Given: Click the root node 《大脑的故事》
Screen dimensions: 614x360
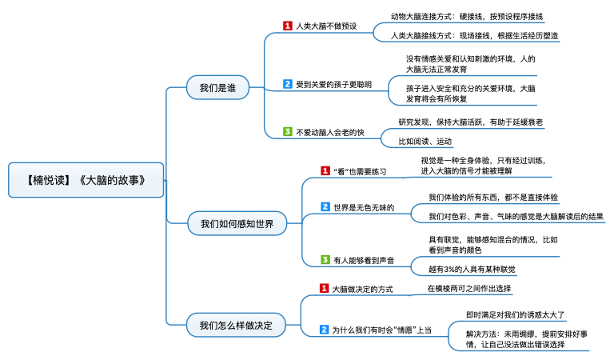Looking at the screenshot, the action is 86,180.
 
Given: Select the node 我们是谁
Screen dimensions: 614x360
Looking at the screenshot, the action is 217,87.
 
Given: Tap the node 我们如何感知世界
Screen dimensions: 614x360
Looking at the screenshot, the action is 237,223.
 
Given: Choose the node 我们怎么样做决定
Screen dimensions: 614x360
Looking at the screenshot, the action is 236,325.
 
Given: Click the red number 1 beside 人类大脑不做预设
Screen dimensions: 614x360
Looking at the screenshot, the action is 288,26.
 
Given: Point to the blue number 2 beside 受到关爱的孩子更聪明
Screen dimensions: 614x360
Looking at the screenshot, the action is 288,84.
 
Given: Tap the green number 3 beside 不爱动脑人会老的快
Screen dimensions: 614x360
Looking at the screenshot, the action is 288,132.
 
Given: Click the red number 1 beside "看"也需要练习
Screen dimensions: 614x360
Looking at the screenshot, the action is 325,170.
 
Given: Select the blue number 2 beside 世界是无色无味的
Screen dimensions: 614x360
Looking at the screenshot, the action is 325,207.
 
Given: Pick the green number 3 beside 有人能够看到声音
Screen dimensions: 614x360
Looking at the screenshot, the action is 325,260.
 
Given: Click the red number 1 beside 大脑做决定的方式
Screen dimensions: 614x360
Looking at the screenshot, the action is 324,288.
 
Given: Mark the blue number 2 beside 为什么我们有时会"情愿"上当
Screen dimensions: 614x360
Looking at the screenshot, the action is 324,330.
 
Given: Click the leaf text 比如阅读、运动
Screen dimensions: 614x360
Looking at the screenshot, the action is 425,142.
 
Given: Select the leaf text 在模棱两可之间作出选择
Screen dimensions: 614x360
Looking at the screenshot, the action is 469,289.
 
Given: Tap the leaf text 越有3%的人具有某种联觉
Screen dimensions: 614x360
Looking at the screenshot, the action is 472,269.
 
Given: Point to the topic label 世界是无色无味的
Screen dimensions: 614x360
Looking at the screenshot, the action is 364,208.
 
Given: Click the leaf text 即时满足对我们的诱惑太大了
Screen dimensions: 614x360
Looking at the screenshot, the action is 516,315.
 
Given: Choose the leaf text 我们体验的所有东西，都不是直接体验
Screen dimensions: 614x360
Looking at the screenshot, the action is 493,197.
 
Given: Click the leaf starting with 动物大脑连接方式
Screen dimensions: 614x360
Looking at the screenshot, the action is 467,17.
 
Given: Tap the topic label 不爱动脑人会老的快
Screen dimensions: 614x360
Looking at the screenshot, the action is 330,133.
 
